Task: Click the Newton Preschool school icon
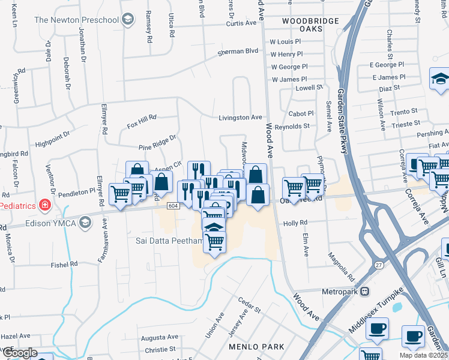(127, 20)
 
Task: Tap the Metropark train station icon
(364, 292)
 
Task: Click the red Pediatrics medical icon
(44, 205)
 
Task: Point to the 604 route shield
(173, 206)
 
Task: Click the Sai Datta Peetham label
(163, 240)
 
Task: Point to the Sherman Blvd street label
(238, 52)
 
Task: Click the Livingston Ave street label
(240, 117)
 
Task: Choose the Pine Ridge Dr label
(157, 142)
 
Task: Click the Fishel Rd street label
(64, 263)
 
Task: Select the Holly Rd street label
(295, 223)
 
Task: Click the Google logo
(19, 353)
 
